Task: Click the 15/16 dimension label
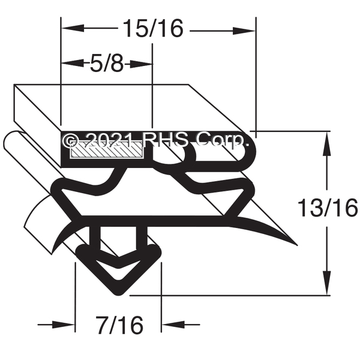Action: tap(154, 28)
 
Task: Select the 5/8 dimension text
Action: tap(107, 64)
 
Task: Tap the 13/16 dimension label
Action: tap(328, 208)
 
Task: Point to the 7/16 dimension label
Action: tap(120, 325)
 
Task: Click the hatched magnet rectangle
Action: tap(107, 149)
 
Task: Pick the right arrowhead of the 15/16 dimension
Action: tap(244, 31)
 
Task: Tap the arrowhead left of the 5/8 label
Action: tap(73, 63)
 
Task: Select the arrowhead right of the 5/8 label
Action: tap(140, 64)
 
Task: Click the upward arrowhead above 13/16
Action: tap(327, 143)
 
